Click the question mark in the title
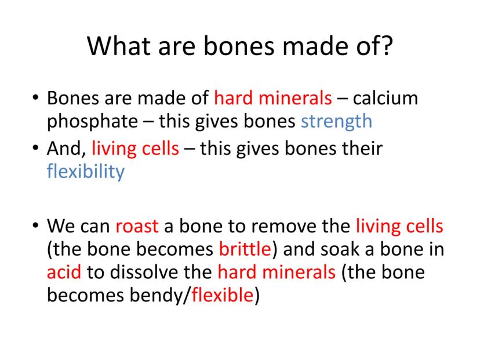(x=387, y=46)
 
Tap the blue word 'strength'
(x=336, y=122)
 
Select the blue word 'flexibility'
(x=86, y=172)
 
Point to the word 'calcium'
(x=386, y=99)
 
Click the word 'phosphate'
(x=92, y=122)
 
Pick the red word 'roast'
(x=137, y=227)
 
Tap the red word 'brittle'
(x=245, y=249)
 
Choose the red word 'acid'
(x=64, y=272)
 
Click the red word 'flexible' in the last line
(x=223, y=295)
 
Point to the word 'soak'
(x=340, y=249)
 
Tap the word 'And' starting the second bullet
(x=64, y=149)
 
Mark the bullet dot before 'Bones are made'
(x=36, y=97)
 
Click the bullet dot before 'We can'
(x=36, y=226)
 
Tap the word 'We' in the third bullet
(x=59, y=226)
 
